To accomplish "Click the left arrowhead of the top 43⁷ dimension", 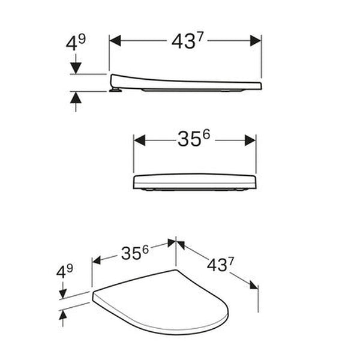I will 115,40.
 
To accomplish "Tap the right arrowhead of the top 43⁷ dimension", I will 255,40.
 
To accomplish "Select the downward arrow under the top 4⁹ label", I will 75,65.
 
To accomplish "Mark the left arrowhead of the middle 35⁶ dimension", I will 139,140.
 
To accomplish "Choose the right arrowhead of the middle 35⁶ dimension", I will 250,140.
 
